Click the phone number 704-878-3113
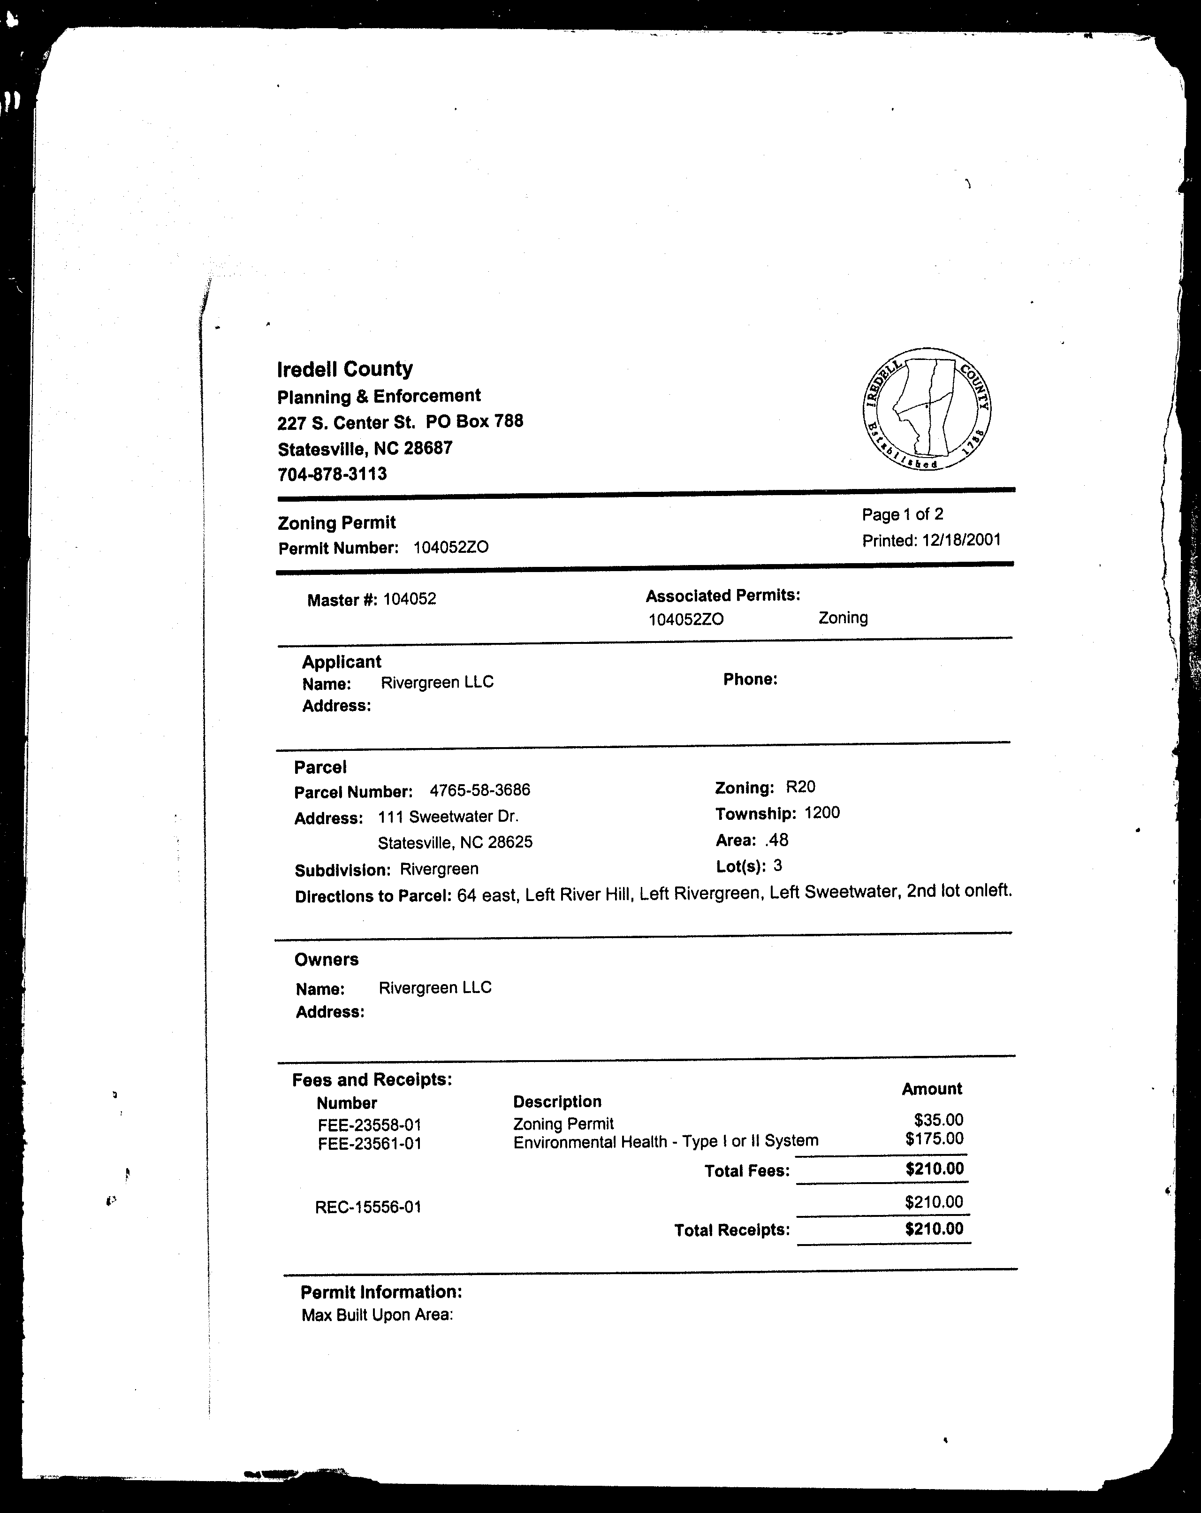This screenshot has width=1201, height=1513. [332, 474]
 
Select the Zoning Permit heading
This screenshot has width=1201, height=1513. [337, 523]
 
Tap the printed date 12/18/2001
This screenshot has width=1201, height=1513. [960, 540]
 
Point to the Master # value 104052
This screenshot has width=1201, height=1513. [409, 599]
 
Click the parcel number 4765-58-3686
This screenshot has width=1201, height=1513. [480, 790]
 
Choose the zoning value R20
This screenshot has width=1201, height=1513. [800, 787]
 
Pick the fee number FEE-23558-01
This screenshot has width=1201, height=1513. [369, 1125]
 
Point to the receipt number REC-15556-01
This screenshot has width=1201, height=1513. [368, 1207]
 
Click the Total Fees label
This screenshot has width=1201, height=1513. [747, 1170]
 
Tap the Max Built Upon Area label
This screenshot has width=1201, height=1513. [377, 1315]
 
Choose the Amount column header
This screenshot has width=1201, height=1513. [932, 1088]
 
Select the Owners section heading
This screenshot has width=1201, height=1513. [326, 959]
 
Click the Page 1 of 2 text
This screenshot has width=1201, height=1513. [902, 514]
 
